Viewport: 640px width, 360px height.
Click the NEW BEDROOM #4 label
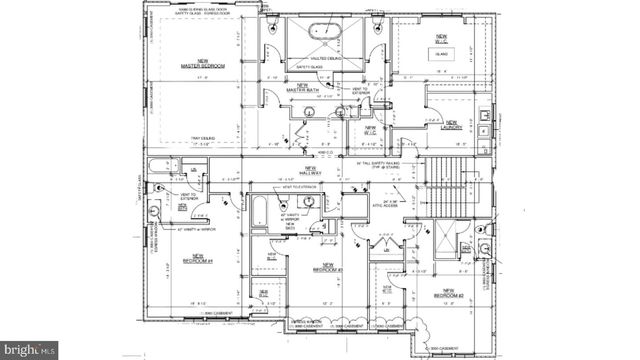(x=196, y=259)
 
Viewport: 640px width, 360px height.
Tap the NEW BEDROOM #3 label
(x=328, y=268)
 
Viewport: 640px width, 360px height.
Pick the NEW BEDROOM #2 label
(x=448, y=295)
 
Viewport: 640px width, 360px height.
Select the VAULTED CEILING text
(x=328, y=59)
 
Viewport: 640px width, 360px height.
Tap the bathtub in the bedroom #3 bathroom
(x=259, y=211)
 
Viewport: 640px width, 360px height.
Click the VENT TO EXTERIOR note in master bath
(x=358, y=92)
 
